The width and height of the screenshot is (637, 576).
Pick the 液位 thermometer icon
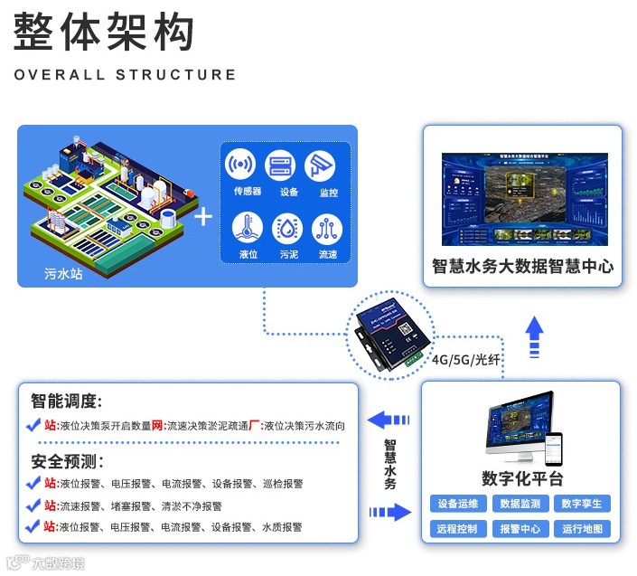point(248,229)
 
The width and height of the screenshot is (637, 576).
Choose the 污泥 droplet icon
point(288,229)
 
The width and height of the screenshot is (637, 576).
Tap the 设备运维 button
point(459,504)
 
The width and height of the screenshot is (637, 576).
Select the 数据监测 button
point(520,504)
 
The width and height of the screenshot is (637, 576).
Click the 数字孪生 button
point(581,504)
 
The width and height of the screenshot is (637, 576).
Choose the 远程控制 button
point(459,529)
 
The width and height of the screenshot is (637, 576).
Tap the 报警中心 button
point(520,529)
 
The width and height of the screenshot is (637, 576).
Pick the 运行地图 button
point(581,529)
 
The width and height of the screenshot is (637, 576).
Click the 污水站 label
point(63,273)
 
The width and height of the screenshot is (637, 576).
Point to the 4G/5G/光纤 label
point(466,360)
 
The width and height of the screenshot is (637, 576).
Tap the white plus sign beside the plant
point(204,218)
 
